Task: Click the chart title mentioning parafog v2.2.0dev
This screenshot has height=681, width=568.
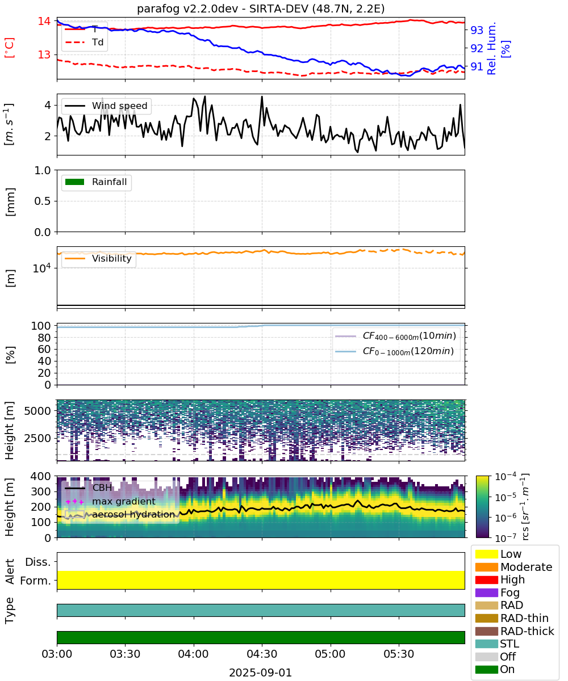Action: [x=261, y=9]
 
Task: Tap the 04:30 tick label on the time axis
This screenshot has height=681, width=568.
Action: [x=262, y=654]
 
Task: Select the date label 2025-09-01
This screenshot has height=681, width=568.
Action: [x=261, y=672]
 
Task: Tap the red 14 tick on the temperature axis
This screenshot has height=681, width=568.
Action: [x=44, y=21]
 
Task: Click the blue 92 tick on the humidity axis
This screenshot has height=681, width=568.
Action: [x=477, y=48]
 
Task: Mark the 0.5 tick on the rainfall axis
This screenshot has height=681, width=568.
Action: [x=43, y=201]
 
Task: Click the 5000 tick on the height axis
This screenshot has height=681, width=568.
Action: [x=37, y=411]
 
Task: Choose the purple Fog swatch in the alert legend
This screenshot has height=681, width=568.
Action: [x=486, y=592]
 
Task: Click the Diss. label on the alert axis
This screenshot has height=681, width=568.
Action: [x=38, y=562]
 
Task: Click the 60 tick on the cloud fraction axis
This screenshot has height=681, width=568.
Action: [x=44, y=350]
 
